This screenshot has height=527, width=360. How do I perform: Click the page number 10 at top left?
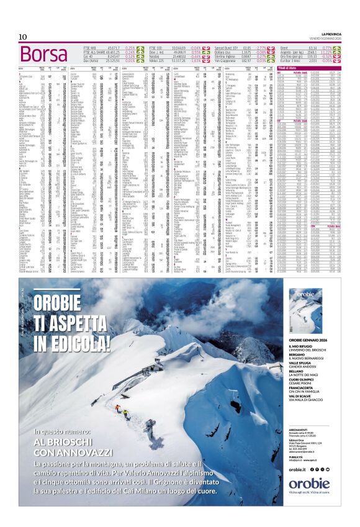coord(22,37)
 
